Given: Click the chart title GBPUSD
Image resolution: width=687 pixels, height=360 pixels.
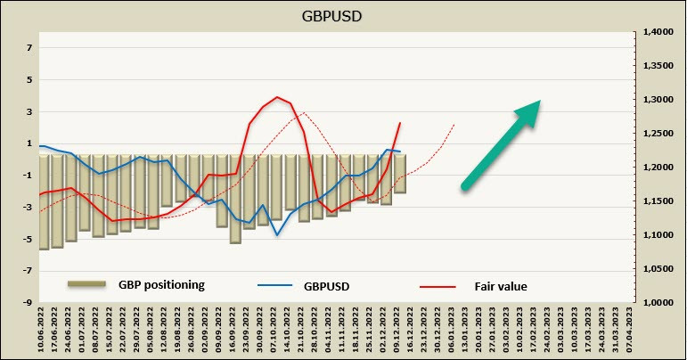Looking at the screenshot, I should click(x=343, y=16).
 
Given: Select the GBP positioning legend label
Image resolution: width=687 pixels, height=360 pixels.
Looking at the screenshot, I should click(x=161, y=285).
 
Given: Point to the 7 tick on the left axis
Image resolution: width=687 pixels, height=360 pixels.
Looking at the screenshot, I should click(x=29, y=47).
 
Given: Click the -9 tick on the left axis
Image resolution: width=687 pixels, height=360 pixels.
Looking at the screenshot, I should click(x=28, y=303).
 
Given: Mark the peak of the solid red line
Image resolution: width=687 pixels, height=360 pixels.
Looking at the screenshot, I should click(x=278, y=97).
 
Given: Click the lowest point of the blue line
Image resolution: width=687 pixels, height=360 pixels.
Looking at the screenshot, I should click(x=277, y=235).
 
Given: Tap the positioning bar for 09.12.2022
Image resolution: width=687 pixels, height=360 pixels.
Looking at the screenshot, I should click(x=400, y=174).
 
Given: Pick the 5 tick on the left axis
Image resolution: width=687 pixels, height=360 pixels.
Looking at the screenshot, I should click(x=29, y=79).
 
